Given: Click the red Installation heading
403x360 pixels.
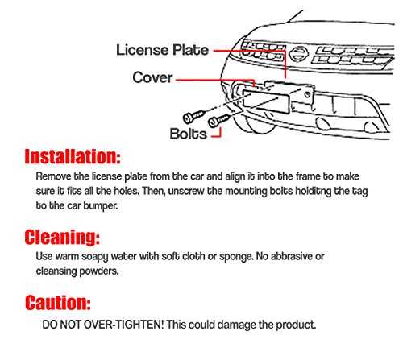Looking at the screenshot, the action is click(73, 156).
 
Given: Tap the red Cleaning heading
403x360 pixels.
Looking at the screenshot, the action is click(62, 237).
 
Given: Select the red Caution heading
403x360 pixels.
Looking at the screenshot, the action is click(58, 303).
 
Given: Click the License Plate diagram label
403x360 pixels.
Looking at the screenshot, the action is click(162, 50).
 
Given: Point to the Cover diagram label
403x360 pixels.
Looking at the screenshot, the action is click(152, 77).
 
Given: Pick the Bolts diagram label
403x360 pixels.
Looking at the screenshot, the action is click(188, 134).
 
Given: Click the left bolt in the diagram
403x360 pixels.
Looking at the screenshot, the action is click(193, 116).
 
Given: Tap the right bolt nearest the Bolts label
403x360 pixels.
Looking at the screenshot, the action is click(219, 121).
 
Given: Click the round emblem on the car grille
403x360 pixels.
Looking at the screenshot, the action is click(298, 54).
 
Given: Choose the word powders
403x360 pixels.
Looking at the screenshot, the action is click(99, 271).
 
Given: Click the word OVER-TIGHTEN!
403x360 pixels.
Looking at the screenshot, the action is click(123, 325).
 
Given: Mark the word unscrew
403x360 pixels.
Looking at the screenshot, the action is click(186, 192).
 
